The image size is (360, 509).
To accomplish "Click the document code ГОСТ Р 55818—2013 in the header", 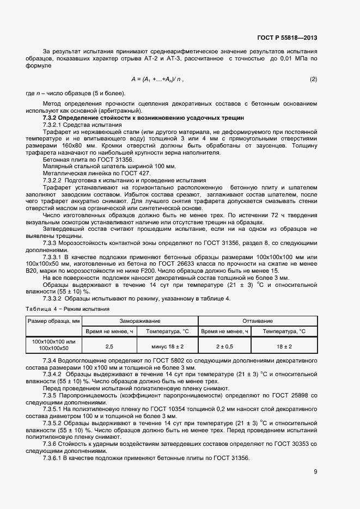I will click(286, 38).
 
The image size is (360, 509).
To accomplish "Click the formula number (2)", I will click(313, 79).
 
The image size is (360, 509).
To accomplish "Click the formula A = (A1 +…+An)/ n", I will click(157, 79).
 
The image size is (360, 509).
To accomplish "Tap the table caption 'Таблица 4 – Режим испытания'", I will click(68, 309).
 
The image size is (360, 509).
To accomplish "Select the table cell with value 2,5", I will click(109, 346).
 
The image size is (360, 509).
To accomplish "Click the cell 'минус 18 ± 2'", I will click(167, 346).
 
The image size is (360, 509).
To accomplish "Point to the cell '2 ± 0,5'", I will click(224, 346).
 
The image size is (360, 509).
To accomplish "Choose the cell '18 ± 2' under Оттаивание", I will click(284, 346).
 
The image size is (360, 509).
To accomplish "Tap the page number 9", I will click(315, 471).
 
